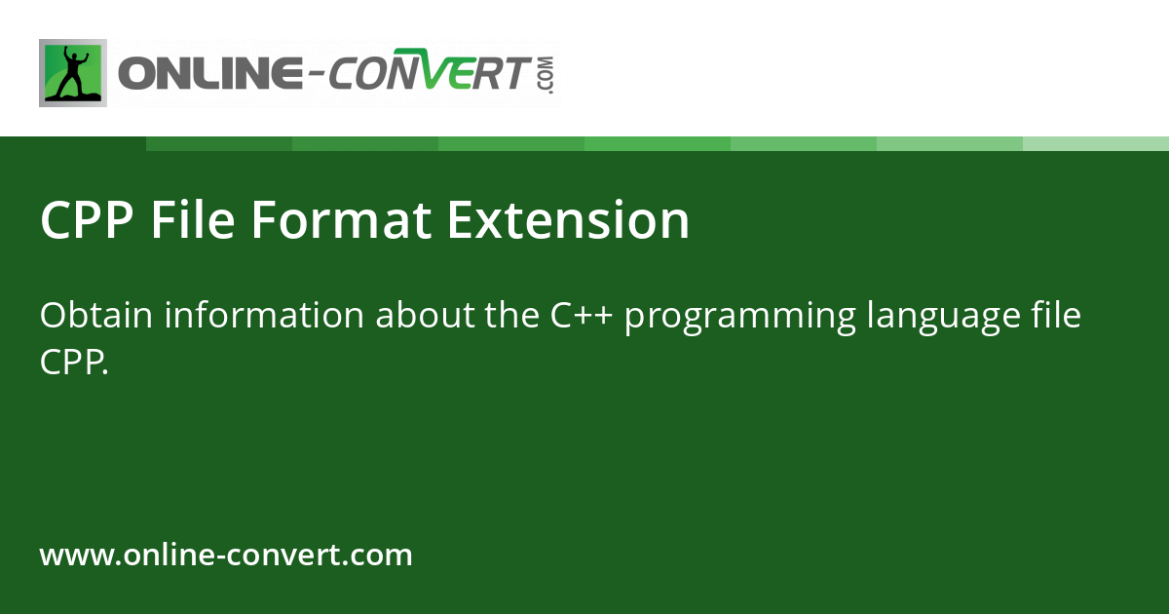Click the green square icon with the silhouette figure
pos(73,73)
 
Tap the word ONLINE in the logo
pos(210,73)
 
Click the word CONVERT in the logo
pos(428,70)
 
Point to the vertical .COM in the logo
pos(547,75)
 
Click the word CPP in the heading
pos(87,220)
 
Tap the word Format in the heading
pos(341,220)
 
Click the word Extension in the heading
pos(568,220)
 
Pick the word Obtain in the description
pos(96,315)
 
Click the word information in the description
pos(264,315)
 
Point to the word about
pos(425,315)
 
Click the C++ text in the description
pos(581,315)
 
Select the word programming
pos(740,318)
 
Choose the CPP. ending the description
pos(74,362)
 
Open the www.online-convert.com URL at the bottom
pos(226,554)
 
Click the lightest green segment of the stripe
pos(1096,143)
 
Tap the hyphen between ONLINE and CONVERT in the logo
pos(316,76)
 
